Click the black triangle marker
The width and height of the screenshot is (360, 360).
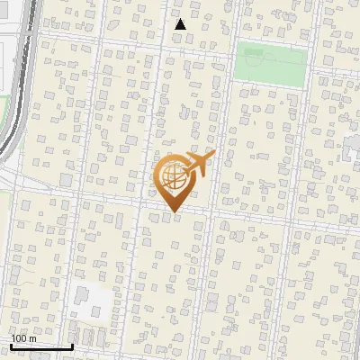181,24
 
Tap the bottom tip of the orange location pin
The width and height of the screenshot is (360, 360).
172,212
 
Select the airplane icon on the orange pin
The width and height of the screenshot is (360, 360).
197,164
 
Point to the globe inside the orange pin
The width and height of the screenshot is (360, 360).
172,177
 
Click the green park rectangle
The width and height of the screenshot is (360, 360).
271,65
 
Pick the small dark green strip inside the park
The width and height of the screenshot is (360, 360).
270,47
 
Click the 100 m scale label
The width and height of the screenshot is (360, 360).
23,337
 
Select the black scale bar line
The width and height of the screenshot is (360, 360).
41,346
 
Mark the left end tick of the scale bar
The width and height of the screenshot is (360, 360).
11,345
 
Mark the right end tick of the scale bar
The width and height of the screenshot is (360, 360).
72,345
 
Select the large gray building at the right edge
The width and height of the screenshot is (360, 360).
353,144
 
